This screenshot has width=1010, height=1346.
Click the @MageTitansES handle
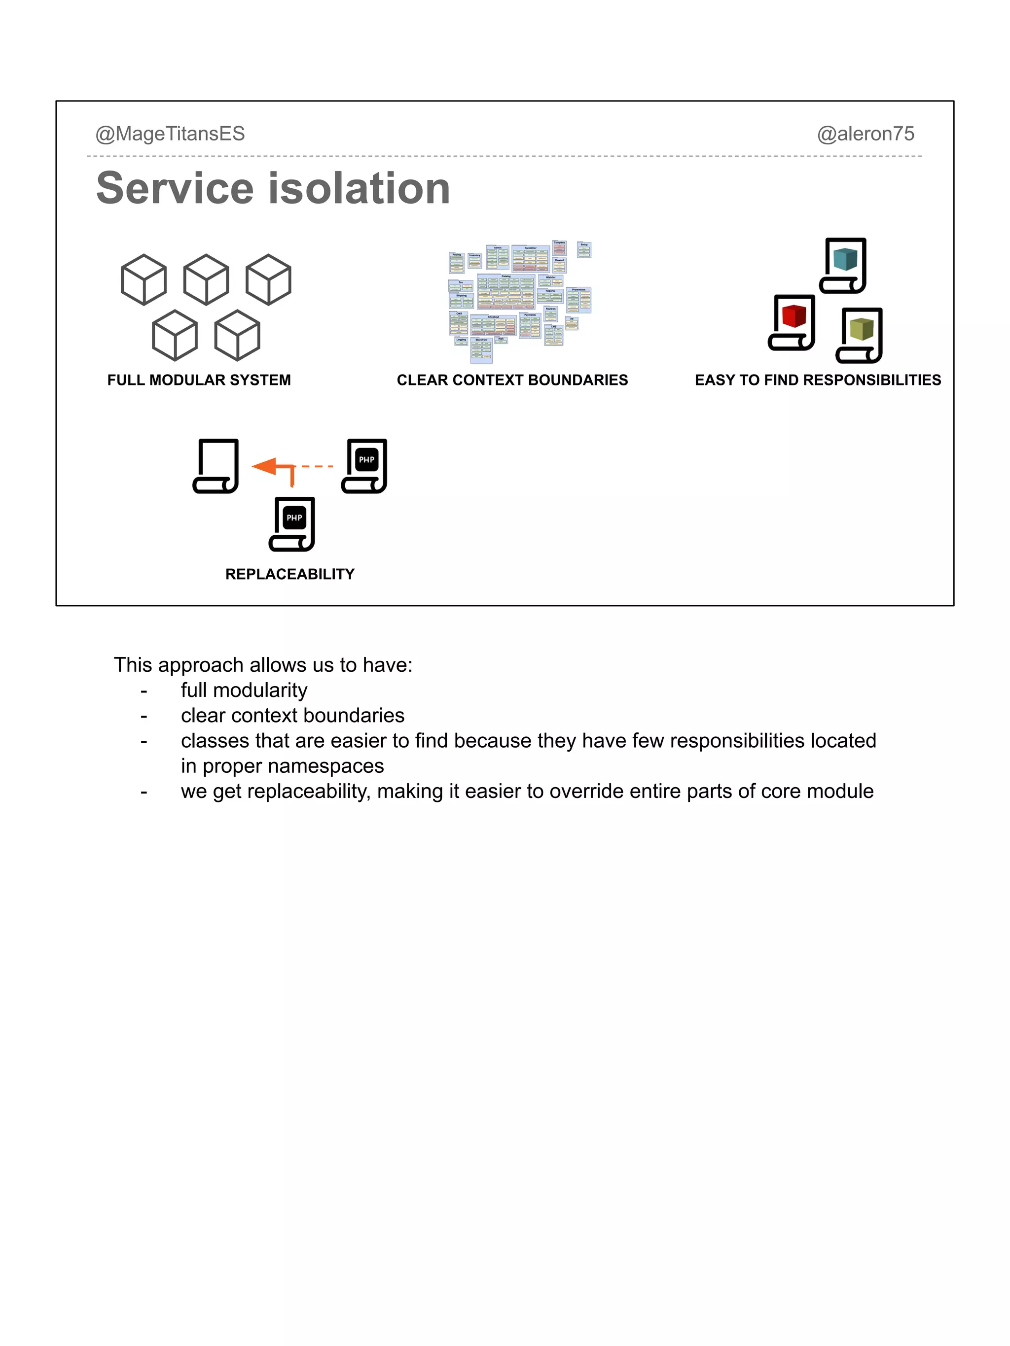[x=170, y=134]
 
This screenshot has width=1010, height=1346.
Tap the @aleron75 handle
[x=865, y=134]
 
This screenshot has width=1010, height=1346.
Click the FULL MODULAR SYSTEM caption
[x=199, y=380]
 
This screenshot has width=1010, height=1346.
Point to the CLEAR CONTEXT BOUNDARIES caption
[x=512, y=380]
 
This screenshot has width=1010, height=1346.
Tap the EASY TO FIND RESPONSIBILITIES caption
[x=818, y=380]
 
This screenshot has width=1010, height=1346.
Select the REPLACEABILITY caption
[x=290, y=574]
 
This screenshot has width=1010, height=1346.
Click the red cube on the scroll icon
[x=794, y=316]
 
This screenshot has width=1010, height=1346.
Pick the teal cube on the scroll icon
[x=845, y=259]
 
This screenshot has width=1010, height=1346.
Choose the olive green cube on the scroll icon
[x=862, y=329]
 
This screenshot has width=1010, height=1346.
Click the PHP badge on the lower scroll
[x=294, y=518]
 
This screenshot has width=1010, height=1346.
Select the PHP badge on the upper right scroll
[x=366, y=459]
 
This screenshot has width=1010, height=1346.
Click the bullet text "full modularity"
[x=244, y=690]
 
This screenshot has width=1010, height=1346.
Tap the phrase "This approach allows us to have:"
[x=263, y=665]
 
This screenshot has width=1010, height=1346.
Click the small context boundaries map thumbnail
[x=519, y=301]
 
